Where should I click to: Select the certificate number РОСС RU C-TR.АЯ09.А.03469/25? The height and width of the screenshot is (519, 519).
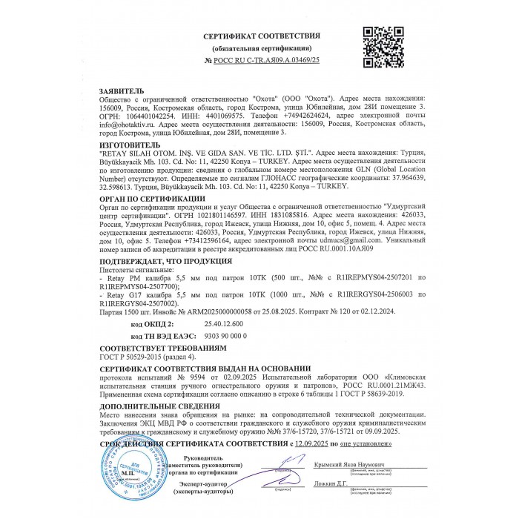(x=267, y=60)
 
